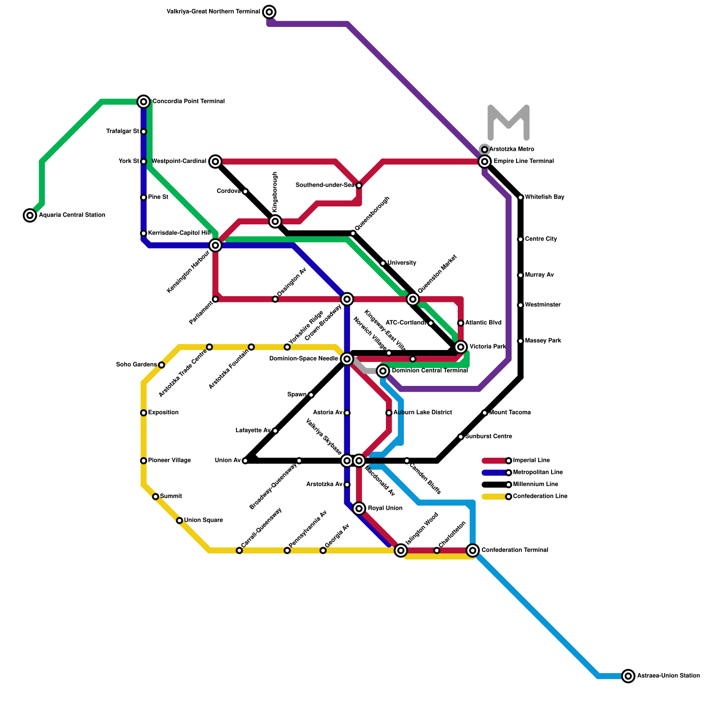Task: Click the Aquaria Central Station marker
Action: pos(30,215)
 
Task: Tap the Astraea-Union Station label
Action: pos(668,676)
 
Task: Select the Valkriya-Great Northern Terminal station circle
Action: pos(269,12)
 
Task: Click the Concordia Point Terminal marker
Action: pos(144,102)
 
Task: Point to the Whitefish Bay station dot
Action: pos(521,197)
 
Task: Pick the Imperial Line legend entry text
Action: pos(531,460)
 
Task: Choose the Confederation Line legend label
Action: pos(540,496)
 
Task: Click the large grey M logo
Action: pos(508,123)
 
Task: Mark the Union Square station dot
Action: pos(179,521)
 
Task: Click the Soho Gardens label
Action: pos(136,365)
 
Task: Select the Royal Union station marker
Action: pos(359,508)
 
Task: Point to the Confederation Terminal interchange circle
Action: pos(473,550)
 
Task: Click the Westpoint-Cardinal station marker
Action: pos(215,162)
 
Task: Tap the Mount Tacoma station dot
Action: pos(485,413)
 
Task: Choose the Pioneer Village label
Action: pos(169,460)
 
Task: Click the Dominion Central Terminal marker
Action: pos(383,371)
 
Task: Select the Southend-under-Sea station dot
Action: pos(359,185)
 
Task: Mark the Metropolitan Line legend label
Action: pos(538,473)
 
